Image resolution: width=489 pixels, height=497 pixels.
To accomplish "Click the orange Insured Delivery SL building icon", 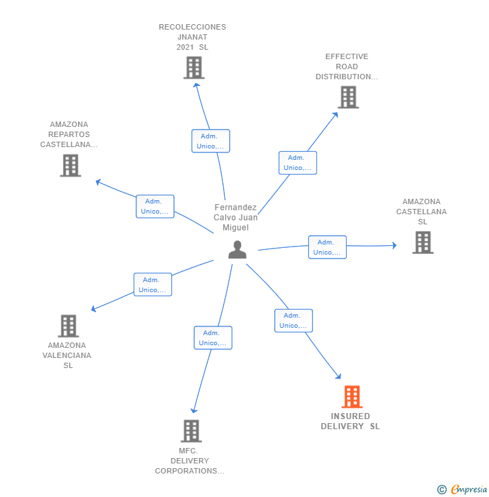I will click(351, 397).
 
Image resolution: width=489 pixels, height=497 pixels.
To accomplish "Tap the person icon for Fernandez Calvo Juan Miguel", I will click(237, 250).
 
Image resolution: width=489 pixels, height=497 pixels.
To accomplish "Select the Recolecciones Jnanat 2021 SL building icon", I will click(193, 68).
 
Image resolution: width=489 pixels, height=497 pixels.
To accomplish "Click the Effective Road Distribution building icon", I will click(348, 97).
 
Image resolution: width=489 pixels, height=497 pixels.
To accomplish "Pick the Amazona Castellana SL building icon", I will click(423, 242).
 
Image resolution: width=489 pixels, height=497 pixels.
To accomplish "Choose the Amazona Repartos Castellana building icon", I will click(71, 165).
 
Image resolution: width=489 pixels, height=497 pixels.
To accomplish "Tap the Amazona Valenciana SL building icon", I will click(69, 326).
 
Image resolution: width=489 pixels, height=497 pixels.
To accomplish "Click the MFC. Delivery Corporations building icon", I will click(191, 431).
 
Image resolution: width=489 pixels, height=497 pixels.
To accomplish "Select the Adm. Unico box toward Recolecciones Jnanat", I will click(210, 141).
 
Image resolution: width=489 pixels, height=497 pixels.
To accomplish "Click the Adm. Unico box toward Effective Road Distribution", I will click(298, 163).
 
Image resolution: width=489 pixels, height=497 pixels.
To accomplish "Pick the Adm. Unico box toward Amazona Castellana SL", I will click(327, 247).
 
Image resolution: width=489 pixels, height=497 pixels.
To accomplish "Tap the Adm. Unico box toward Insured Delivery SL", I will click(294, 320).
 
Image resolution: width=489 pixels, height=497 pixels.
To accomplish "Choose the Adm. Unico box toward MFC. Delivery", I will click(213, 338).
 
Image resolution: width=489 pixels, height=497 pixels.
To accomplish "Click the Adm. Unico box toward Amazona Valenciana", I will click(152, 285).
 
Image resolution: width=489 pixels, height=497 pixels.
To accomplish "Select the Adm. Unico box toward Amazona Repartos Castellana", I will click(154, 206).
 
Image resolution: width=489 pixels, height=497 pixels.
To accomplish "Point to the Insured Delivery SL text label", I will click(350, 421).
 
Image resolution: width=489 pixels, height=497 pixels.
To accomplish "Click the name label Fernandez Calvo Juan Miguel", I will click(236, 218).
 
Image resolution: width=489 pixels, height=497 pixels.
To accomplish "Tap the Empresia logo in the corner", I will click(463, 490).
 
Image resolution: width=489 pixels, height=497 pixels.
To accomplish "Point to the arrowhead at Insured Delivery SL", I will click(339, 377).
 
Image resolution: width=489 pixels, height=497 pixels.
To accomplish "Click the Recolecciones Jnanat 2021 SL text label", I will click(192, 37).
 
